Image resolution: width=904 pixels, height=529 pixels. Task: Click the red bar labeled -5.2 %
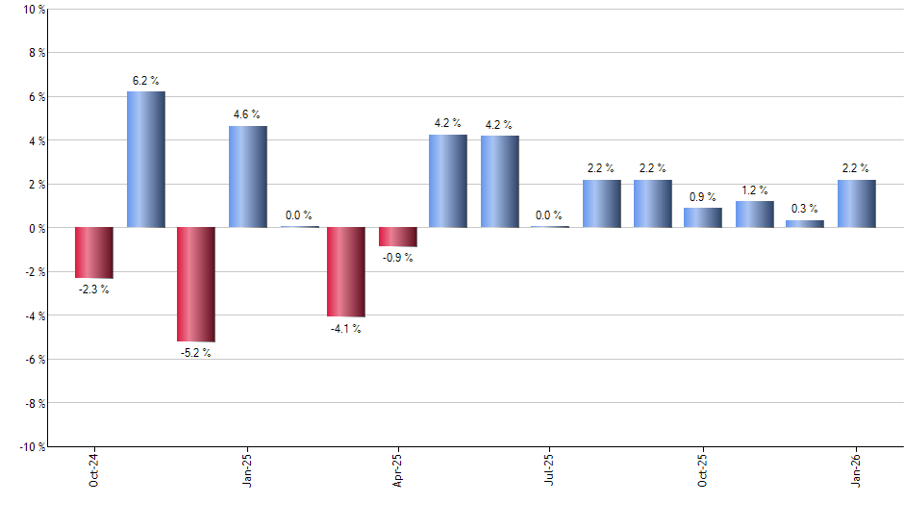pos(195,285)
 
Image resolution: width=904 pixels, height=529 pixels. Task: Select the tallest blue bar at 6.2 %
pos(145,160)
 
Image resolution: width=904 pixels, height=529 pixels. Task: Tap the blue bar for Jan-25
pos(247,177)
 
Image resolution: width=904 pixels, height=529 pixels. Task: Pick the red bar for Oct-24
pos(94,253)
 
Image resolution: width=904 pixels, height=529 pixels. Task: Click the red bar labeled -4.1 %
pos(346,272)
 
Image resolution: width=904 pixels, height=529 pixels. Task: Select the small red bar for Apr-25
pos(397,238)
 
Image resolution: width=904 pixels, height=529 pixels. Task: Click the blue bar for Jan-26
pos(856,204)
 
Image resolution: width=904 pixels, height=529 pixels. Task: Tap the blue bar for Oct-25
pos(703,218)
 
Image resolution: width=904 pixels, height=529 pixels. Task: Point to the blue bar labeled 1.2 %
pos(754,214)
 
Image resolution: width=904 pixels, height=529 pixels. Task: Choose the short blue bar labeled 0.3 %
pos(805,224)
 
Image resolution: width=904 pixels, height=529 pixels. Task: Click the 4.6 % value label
pos(247,115)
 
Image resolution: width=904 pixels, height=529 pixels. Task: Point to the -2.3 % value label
pos(93,290)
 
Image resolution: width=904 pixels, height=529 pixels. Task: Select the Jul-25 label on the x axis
pos(549,468)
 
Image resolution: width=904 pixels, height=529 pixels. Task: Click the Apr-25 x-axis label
pos(397,468)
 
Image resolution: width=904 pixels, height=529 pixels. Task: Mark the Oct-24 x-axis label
pos(93,469)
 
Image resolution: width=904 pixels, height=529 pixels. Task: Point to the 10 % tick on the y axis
pos(34,10)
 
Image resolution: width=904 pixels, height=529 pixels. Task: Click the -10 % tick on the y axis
pos(32,447)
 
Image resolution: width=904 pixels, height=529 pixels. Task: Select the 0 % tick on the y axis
pos(37,228)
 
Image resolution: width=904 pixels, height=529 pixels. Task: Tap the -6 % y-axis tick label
pos(35,360)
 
